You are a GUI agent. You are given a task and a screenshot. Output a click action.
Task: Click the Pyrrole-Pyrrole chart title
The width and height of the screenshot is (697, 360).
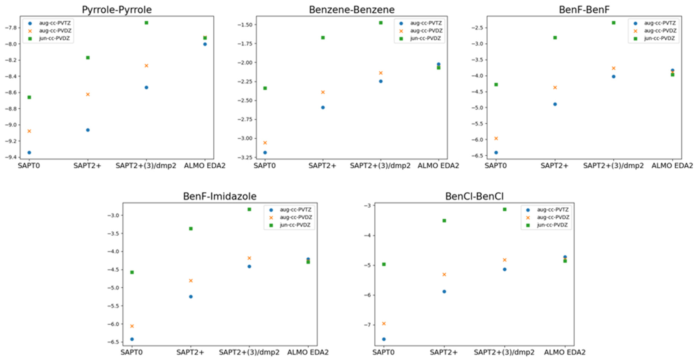[117, 10]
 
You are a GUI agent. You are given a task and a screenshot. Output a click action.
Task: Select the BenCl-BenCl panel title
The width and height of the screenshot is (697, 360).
[474, 196]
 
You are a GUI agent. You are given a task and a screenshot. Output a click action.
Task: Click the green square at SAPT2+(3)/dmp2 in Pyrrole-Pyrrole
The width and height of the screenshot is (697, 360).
[146, 23]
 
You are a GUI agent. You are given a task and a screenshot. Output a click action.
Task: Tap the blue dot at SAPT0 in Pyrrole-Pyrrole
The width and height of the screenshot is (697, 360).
[29, 153]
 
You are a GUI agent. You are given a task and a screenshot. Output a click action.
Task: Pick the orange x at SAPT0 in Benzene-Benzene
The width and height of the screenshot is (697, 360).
[265, 143]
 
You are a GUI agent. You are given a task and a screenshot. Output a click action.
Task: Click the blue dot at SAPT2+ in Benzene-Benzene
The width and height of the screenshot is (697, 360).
[323, 107]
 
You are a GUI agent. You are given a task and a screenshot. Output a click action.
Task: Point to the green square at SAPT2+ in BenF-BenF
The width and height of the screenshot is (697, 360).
[555, 38]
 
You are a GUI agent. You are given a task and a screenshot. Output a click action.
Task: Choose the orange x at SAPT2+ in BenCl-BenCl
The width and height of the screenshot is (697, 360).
[444, 274]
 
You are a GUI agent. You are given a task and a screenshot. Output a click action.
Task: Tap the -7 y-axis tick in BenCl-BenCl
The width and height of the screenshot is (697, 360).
[367, 325]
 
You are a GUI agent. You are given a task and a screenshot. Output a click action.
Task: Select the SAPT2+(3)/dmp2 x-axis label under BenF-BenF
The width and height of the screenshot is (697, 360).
[613, 166]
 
